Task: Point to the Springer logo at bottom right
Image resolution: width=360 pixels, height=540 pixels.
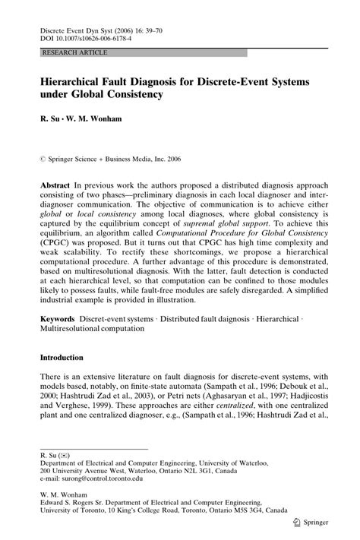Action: [312, 524]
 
